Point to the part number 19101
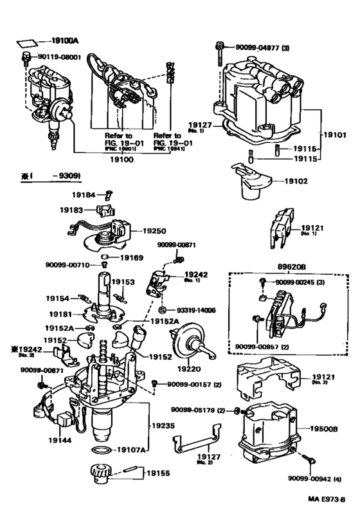pyautogui.click(x=334, y=136)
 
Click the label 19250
pyautogui.click(x=154, y=229)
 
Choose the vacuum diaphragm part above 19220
pyautogui.click(x=188, y=339)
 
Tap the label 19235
pyautogui.click(x=164, y=425)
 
